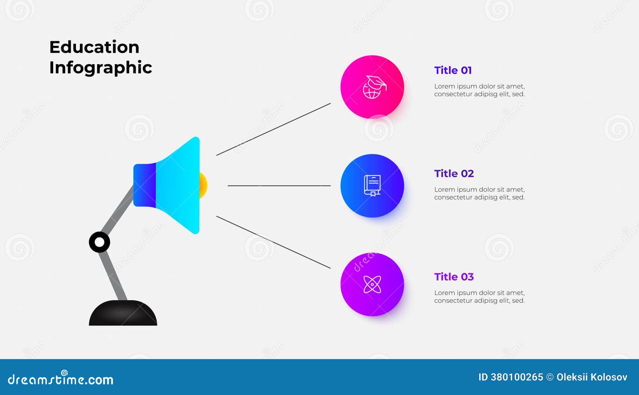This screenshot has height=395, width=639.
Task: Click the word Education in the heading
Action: [94, 47]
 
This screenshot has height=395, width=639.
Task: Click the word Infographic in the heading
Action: [100, 68]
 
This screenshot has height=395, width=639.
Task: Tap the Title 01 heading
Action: [453, 70]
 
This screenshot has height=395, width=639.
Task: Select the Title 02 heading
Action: [454, 174]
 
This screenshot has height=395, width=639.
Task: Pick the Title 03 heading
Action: [454, 277]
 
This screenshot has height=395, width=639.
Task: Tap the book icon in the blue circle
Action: [372, 186]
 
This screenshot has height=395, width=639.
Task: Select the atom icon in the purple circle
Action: [372, 284]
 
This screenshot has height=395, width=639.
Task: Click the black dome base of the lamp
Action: [123, 313]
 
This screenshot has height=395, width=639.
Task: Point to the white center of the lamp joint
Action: [99, 242]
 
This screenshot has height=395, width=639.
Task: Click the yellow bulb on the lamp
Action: [203, 186]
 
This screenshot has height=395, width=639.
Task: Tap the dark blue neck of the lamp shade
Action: [145, 185]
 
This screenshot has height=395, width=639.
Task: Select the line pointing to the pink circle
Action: [273, 129]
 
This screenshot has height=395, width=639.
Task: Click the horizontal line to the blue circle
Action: [279, 186]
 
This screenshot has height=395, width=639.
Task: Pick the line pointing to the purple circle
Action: [273, 242]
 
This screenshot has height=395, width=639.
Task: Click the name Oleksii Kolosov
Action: [592, 377]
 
